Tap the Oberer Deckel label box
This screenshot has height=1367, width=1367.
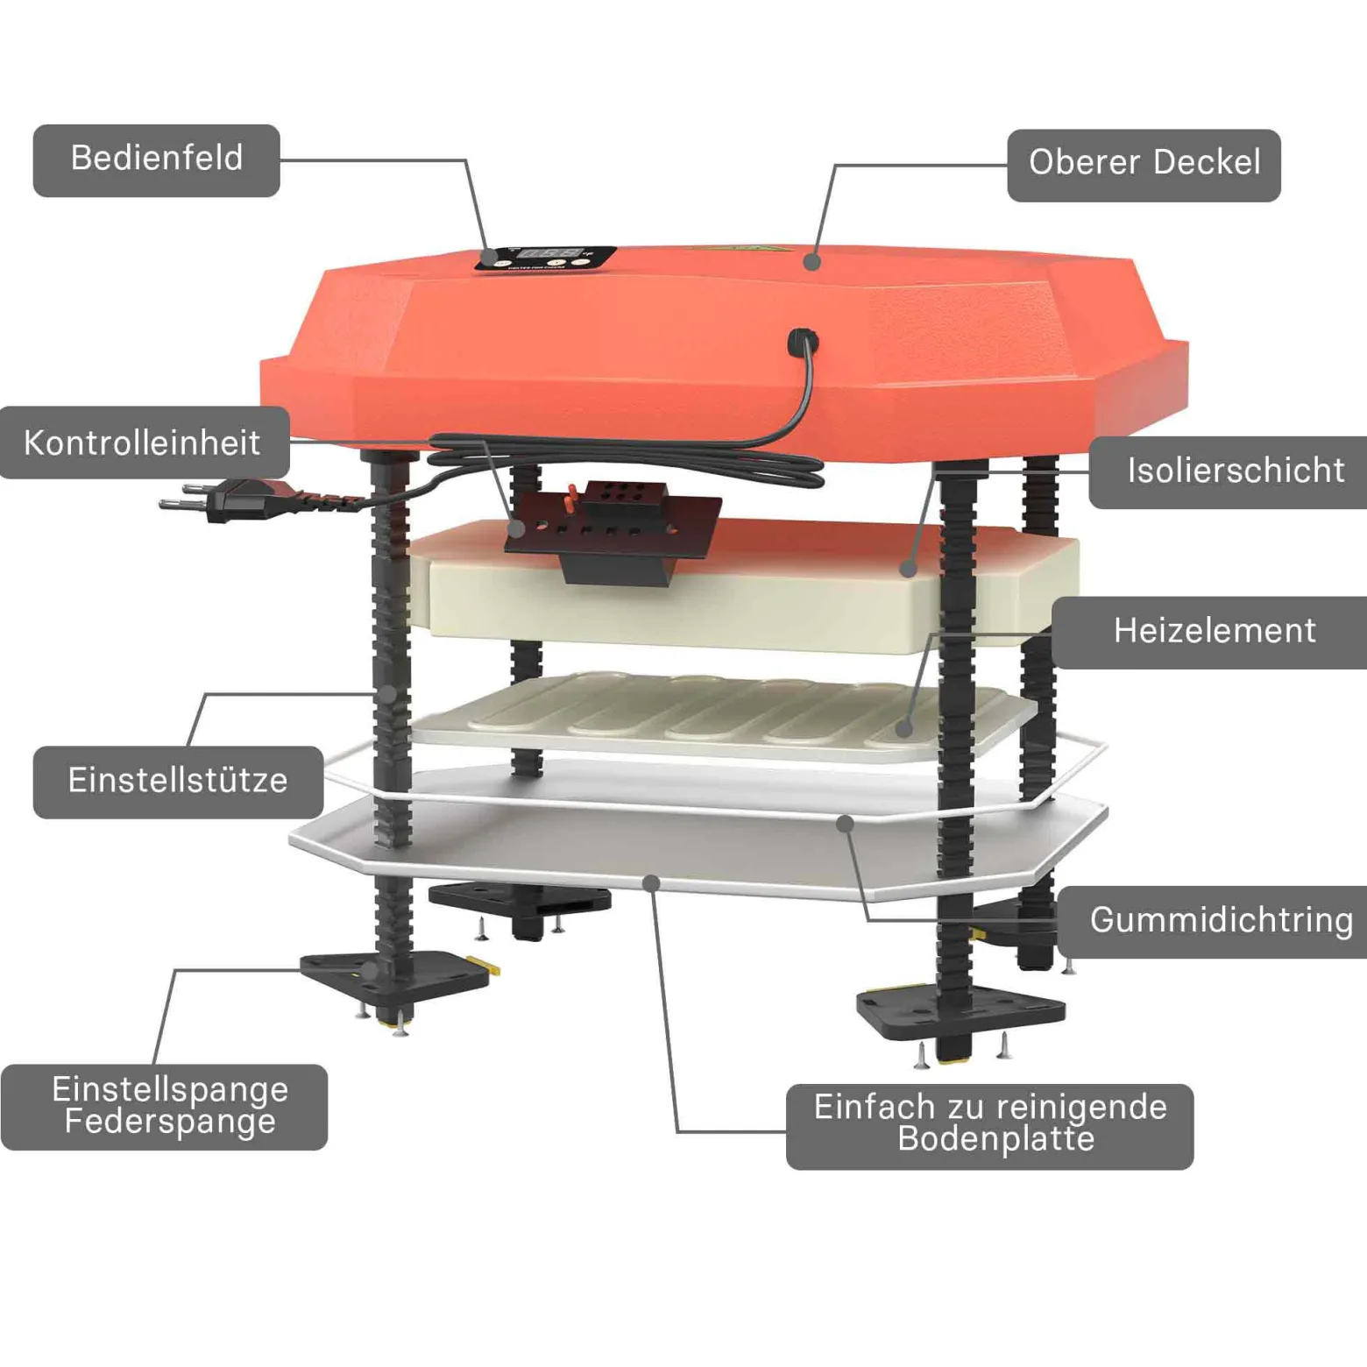pos(1144,166)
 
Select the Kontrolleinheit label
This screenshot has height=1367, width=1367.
pos(144,443)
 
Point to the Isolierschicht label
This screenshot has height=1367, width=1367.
pos(1229,472)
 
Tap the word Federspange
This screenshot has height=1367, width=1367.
pos(170,1122)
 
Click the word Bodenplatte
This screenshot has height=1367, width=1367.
pos(996,1139)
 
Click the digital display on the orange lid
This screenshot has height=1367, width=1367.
pos(552,255)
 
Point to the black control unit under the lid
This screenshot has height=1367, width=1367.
pos(613,531)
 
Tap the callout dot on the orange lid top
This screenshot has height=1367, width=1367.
pos(812,261)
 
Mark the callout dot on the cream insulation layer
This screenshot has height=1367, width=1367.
pos(909,570)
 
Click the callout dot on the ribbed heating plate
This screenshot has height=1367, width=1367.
pos(904,728)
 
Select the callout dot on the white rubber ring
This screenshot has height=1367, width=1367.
pos(845,824)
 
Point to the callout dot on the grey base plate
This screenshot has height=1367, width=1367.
pos(651,882)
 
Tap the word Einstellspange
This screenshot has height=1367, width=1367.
pos(170,1089)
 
